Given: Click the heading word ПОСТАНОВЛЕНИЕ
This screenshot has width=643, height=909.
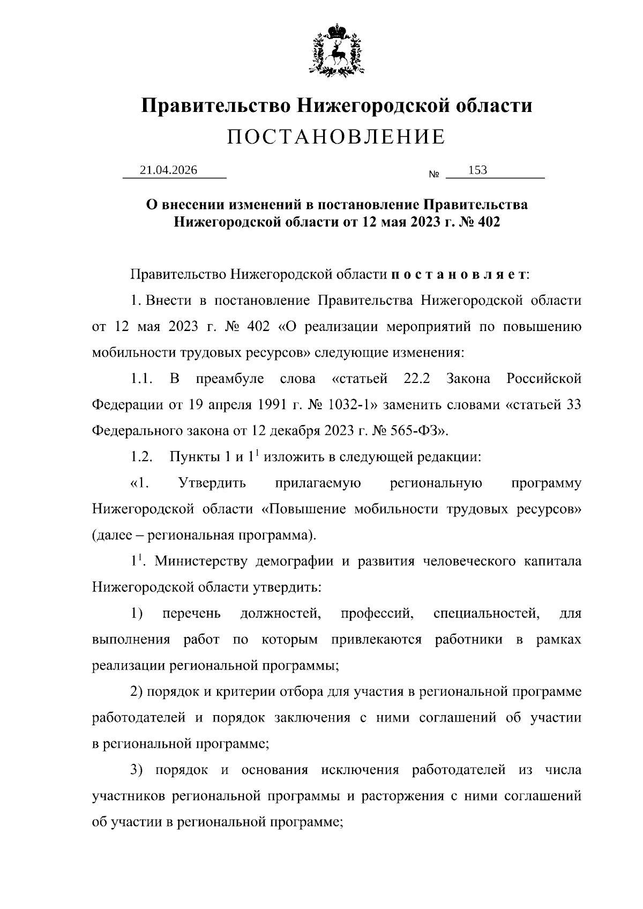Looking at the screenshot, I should (x=336, y=137).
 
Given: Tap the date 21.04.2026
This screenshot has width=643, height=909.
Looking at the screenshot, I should (x=168, y=170).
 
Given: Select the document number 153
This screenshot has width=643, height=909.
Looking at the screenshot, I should (x=477, y=170).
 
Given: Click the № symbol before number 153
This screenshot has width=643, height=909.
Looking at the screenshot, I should (x=435, y=175).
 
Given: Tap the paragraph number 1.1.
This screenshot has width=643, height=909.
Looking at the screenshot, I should (x=141, y=379).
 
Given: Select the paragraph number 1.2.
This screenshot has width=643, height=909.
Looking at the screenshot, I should (x=141, y=457).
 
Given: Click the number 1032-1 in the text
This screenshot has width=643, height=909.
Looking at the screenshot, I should (x=348, y=405).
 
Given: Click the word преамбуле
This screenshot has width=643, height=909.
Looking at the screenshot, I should (x=230, y=379).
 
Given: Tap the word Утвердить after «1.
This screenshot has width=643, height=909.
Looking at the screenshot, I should (x=212, y=483).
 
